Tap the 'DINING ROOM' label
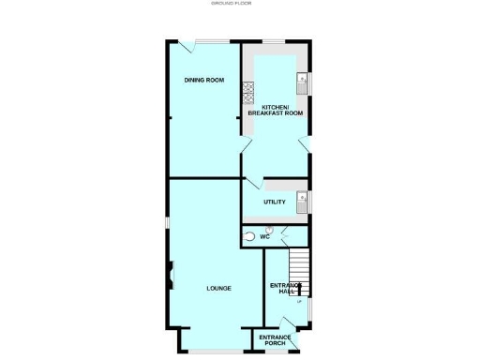click(x=203, y=81)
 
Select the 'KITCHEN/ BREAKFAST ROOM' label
click(x=276, y=111)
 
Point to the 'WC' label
click(x=265, y=237)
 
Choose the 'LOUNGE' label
click(x=218, y=288)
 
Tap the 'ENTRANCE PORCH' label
click(x=275, y=339)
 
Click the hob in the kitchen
click(x=249, y=91)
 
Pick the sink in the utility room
click(x=302, y=199)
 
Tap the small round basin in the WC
click(x=269, y=228)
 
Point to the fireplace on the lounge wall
click(x=171, y=277)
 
